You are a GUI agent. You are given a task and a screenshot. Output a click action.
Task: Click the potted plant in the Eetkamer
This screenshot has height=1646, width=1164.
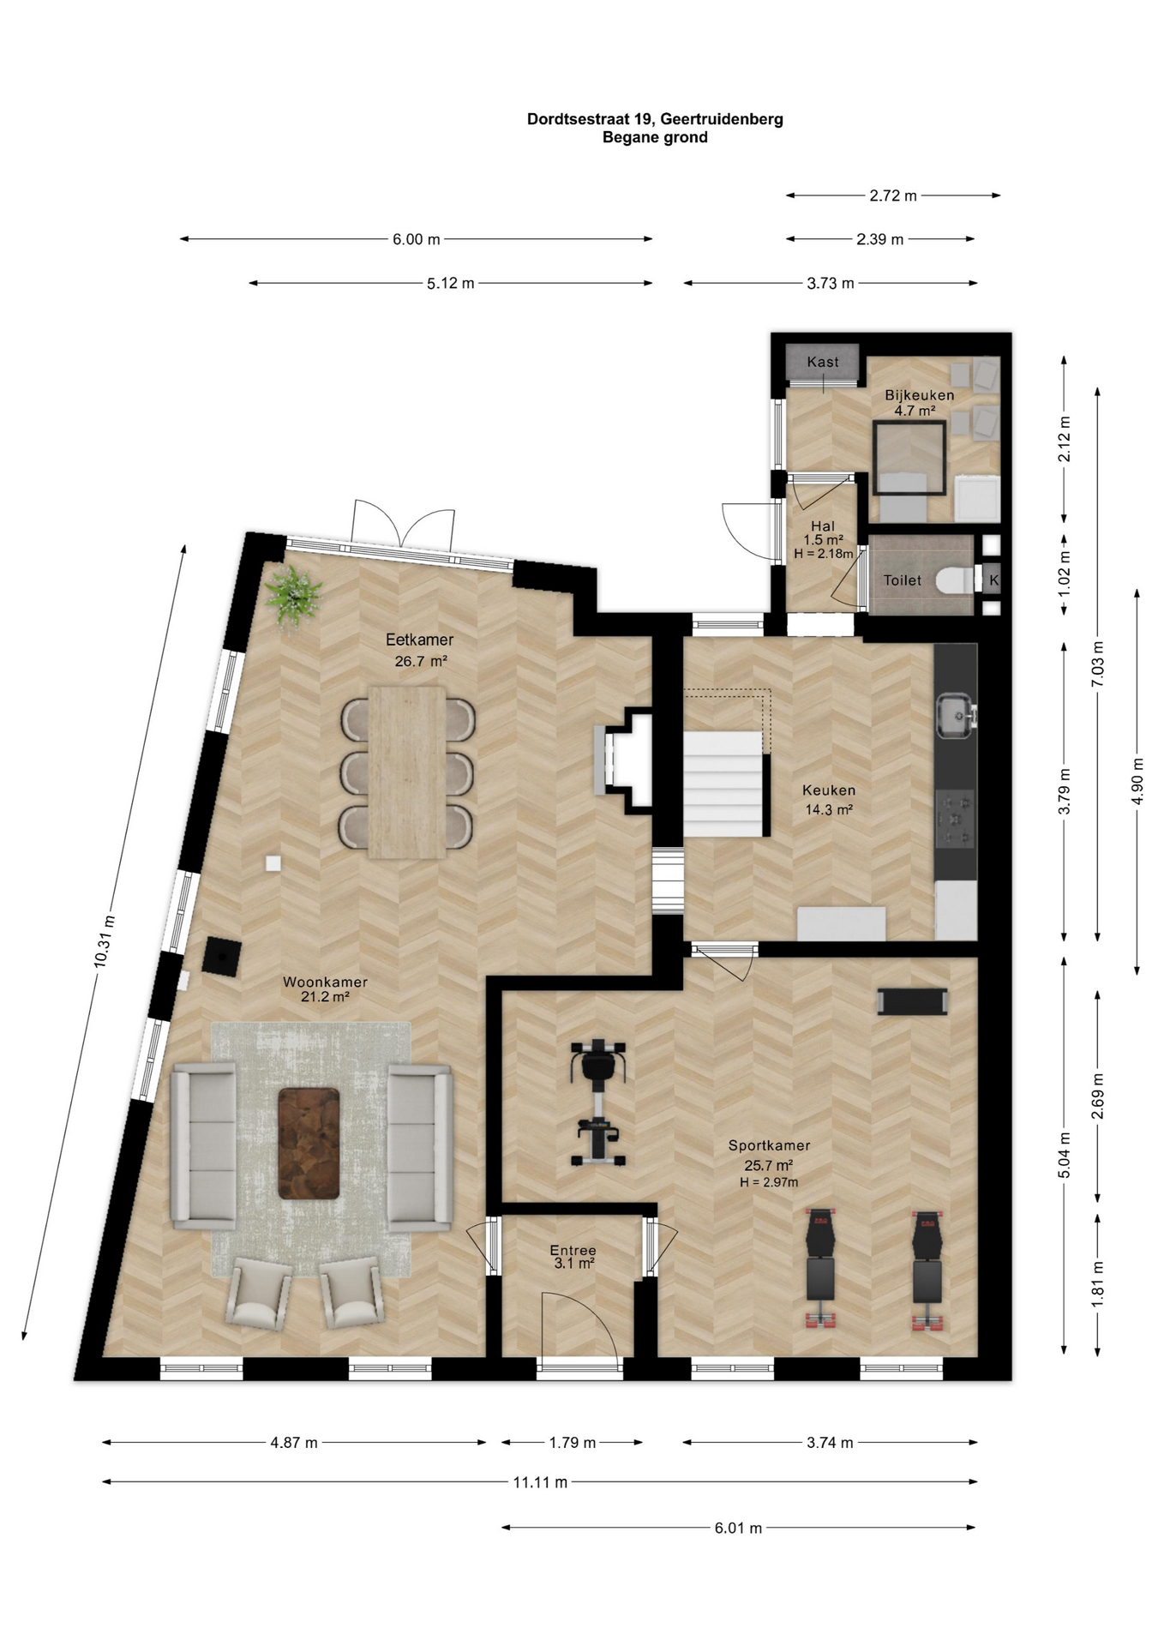click(x=293, y=597)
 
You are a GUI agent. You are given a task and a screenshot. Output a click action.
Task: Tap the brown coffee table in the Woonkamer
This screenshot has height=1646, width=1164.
click(x=309, y=1144)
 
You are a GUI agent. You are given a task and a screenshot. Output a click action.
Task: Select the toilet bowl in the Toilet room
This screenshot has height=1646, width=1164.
click(x=954, y=580)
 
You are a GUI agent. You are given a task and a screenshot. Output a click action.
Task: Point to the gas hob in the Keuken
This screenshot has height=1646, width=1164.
click(x=956, y=819)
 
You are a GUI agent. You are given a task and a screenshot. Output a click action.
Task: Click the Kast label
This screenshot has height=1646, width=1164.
click(x=823, y=362)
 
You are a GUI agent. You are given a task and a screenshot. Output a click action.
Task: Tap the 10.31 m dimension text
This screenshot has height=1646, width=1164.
click(x=105, y=941)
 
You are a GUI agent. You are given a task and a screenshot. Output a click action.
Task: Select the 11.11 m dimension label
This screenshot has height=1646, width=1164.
click(x=540, y=1482)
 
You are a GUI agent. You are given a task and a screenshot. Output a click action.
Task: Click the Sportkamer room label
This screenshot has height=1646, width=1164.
click(x=769, y=1145)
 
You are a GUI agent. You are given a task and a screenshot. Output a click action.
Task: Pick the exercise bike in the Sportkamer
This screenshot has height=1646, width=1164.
click(x=598, y=1102)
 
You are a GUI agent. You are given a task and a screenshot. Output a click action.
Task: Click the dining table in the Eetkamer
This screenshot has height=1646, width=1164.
click(x=407, y=772)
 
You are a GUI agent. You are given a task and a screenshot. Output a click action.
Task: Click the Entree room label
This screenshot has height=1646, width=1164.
click(x=573, y=1250)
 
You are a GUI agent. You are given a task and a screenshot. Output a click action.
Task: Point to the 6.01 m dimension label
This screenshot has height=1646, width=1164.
click(x=738, y=1528)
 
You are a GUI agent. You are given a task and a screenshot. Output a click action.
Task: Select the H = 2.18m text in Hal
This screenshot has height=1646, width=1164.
click(x=823, y=554)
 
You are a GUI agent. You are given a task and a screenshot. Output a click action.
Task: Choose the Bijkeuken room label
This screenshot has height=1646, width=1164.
click(x=919, y=395)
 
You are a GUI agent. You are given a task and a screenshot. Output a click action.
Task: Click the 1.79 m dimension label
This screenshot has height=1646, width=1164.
click(x=572, y=1443)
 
